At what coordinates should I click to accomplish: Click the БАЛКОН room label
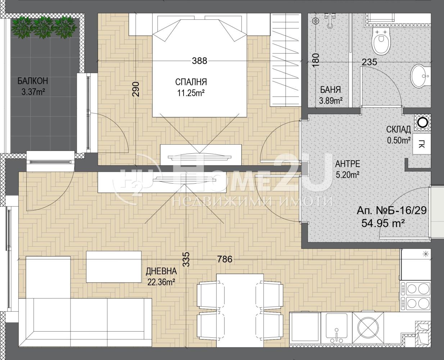coord(33,81)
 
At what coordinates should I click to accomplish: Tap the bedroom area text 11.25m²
coord(191,93)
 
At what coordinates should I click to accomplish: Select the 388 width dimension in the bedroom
coord(199,61)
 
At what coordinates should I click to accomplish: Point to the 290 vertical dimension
coord(136,89)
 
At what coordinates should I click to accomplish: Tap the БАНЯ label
coord(330,90)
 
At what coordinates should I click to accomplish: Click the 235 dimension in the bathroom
coord(369,62)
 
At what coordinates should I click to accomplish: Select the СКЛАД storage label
coord(398,130)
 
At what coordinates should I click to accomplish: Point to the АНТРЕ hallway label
coord(348,164)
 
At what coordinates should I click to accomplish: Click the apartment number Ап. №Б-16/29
coord(391,211)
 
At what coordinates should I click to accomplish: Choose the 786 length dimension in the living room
coord(225,259)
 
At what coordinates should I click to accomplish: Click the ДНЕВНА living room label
coord(161,271)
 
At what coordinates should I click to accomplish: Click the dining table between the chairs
coord(240,312)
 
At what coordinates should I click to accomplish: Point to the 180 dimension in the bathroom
coord(316,60)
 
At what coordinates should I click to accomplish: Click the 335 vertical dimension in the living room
coord(186,259)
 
